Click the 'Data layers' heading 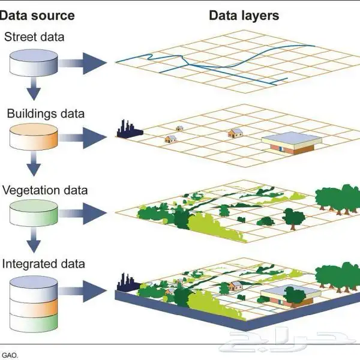pyautogui.click(x=244, y=15)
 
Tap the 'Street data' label pyautogui.click(x=35, y=37)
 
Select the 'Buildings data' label pyautogui.click(x=46, y=113)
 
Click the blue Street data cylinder pyautogui.click(x=34, y=62)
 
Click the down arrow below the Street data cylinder pyautogui.click(x=34, y=91)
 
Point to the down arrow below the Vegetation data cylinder pyautogui.click(x=34, y=242)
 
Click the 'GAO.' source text pyautogui.click(x=10, y=355)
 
